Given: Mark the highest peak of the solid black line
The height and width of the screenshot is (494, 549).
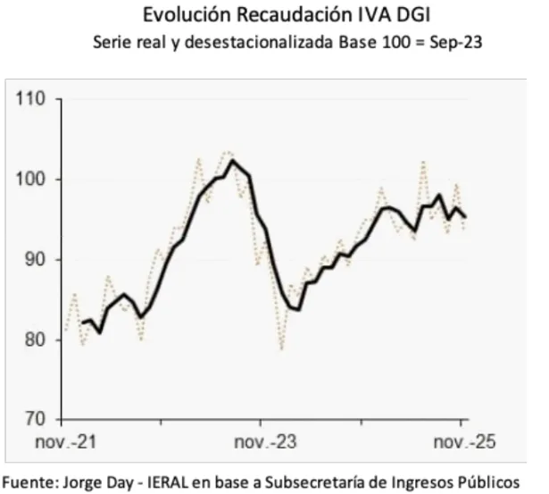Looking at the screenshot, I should [233, 161].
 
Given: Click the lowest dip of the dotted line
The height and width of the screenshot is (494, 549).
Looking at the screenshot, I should [282, 348].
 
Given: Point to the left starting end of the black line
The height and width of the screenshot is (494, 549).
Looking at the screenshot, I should [81, 322].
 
